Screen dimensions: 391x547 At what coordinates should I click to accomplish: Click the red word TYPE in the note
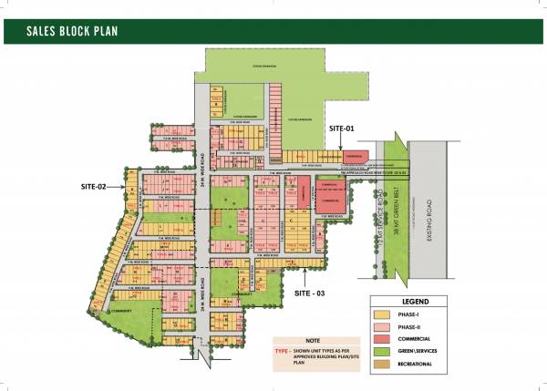pos(282,348)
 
